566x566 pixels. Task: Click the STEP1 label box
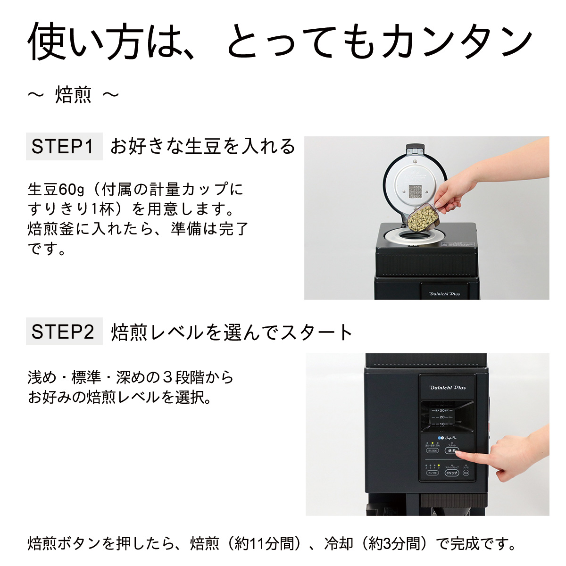click(x=64, y=147)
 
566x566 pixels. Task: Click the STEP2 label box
click(x=64, y=332)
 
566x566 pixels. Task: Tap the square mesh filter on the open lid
click(x=415, y=192)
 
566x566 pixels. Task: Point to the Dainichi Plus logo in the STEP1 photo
click(x=444, y=293)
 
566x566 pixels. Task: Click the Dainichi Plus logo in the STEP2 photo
click(x=447, y=387)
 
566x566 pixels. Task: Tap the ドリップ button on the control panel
click(x=451, y=473)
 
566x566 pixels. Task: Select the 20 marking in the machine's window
click(x=441, y=417)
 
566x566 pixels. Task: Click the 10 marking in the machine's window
click(x=441, y=424)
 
